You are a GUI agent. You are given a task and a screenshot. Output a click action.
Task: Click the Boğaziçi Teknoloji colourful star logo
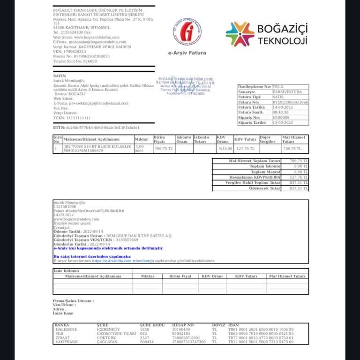(240, 34)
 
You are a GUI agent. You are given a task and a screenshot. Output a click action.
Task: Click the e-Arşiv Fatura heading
(187, 53)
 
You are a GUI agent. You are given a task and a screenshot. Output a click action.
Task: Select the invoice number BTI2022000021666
(291, 102)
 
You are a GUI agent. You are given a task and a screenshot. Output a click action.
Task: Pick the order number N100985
(281, 118)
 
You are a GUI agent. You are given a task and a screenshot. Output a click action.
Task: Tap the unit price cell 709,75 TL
(164, 149)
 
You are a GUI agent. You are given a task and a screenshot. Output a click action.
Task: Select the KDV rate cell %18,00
(225, 149)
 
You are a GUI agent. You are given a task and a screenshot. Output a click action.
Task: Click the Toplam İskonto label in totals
(265, 166)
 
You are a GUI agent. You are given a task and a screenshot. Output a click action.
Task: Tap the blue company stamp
(186, 86)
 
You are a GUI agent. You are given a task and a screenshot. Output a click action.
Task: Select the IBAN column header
(233, 325)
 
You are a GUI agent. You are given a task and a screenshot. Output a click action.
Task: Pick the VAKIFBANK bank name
(66, 342)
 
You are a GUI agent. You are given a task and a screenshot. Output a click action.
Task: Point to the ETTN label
(59, 127)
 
